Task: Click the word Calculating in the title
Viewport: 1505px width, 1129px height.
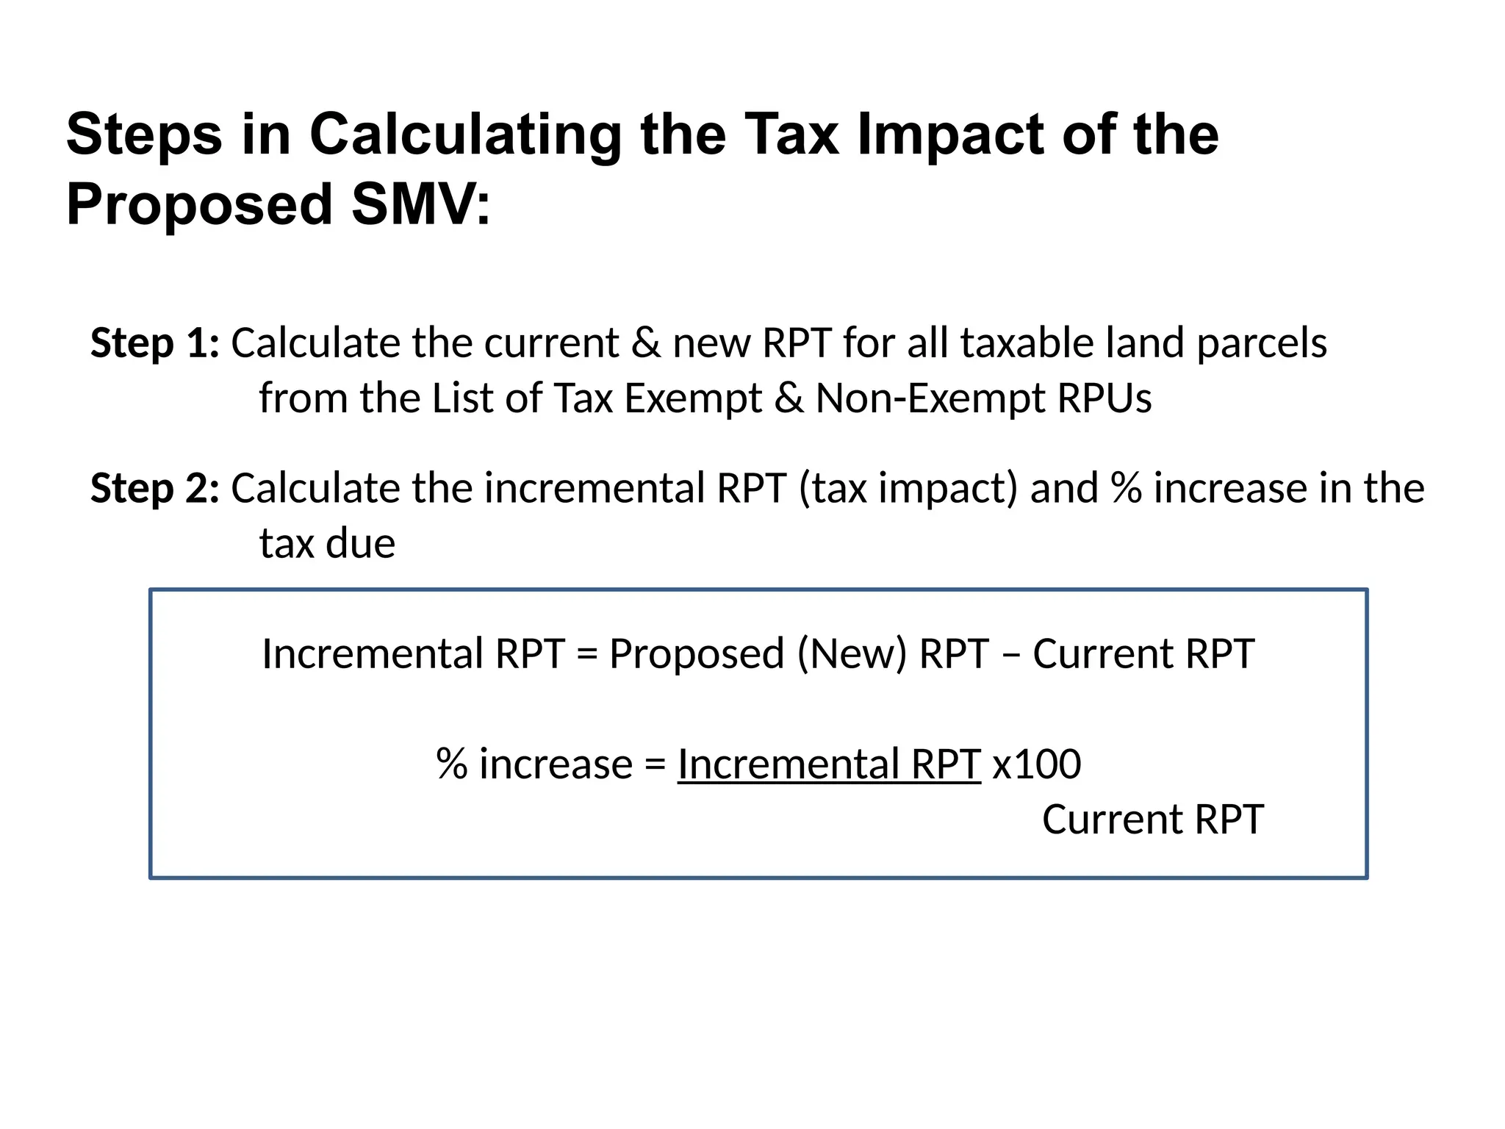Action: coord(464,135)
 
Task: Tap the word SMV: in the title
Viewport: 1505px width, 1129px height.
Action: coord(421,204)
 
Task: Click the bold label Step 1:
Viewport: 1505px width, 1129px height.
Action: coord(155,343)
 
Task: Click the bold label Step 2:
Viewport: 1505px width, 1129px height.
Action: coord(155,489)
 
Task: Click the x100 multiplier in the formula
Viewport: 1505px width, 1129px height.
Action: coord(1037,764)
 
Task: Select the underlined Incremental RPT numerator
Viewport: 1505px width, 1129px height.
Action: coord(829,764)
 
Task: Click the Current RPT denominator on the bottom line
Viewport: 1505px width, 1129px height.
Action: coord(1153,820)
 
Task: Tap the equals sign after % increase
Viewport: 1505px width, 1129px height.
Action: coord(655,765)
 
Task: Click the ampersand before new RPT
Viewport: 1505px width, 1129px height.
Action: coord(646,343)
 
